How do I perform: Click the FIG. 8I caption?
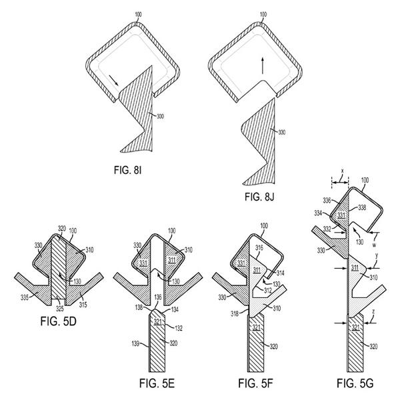[x=127, y=170]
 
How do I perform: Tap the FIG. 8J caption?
[x=259, y=197]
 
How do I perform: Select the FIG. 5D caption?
[x=59, y=321]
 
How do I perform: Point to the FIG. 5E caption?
[x=157, y=383]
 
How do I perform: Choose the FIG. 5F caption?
[x=255, y=383]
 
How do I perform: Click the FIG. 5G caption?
[x=355, y=383]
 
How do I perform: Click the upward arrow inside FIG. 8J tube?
[x=262, y=65]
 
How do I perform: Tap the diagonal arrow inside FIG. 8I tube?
[x=113, y=81]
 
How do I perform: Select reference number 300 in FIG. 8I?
[x=160, y=116]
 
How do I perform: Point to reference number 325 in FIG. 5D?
[x=60, y=309]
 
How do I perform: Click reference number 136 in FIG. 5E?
[x=158, y=297]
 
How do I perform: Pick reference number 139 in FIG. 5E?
[x=135, y=343]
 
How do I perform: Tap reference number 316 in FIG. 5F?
[x=259, y=247]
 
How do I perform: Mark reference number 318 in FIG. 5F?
[x=235, y=313]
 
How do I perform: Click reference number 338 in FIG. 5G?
[x=362, y=207]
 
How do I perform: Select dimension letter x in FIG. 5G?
[x=342, y=171]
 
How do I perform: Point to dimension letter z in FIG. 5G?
[x=373, y=311]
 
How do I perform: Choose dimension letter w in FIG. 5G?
[x=374, y=245]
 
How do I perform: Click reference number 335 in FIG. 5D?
[x=25, y=297]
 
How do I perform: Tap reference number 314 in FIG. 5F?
[x=280, y=273]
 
